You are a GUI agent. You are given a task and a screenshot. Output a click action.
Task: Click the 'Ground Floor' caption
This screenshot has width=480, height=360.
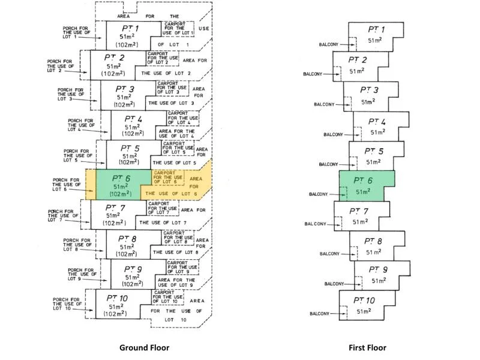pyautogui.click(x=144, y=347)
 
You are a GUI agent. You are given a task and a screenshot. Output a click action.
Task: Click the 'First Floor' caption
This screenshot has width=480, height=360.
pyautogui.click(x=367, y=347)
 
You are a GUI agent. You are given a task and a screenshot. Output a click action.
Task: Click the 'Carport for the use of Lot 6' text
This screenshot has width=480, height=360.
pyautogui.click(x=168, y=177)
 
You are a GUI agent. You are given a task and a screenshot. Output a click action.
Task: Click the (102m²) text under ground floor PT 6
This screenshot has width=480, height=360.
pyautogui.click(x=121, y=194)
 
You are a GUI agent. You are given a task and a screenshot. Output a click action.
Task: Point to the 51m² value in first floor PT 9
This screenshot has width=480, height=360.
pyautogui.click(x=377, y=281)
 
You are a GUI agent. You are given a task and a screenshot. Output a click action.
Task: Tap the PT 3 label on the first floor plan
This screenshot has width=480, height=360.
pyautogui.click(x=369, y=91)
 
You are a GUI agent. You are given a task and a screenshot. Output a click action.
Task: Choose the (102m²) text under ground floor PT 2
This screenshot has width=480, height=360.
pyautogui.click(x=113, y=74)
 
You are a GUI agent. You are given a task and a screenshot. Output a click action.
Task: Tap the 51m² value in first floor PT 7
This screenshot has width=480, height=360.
pyautogui.click(x=360, y=221)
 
